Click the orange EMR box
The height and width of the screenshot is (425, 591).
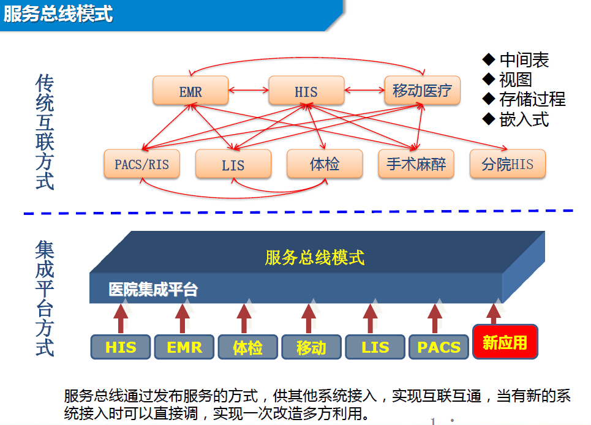pos(190,92)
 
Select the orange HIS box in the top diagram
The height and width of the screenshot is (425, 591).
pos(306,92)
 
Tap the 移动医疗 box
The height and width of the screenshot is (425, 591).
pos(422,91)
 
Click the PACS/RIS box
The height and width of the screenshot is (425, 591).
pos(142,164)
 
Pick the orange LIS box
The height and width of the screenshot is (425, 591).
pos(233,165)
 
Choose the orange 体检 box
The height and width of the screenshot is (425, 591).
pos(325,164)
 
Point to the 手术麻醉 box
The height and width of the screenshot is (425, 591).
pos(416,164)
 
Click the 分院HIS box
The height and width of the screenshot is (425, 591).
pos(508,164)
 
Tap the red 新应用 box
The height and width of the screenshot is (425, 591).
pos(505,342)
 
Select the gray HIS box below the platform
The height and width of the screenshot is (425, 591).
pos(121,347)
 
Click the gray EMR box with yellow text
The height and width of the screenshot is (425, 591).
pos(184,347)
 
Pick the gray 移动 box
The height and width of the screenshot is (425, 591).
pos(311,347)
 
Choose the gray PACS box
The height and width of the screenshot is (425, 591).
pos(439,347)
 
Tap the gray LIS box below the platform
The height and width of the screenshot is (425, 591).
pos(375,347)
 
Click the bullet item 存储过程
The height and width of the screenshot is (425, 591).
pos(532,99)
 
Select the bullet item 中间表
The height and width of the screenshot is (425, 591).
pos(524,60)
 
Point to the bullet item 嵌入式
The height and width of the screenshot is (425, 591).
pos(524,119)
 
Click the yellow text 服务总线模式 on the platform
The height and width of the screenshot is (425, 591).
pos(315,257)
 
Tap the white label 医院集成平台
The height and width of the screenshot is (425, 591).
pos(153,290)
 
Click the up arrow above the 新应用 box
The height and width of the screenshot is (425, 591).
pos(494,313)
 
